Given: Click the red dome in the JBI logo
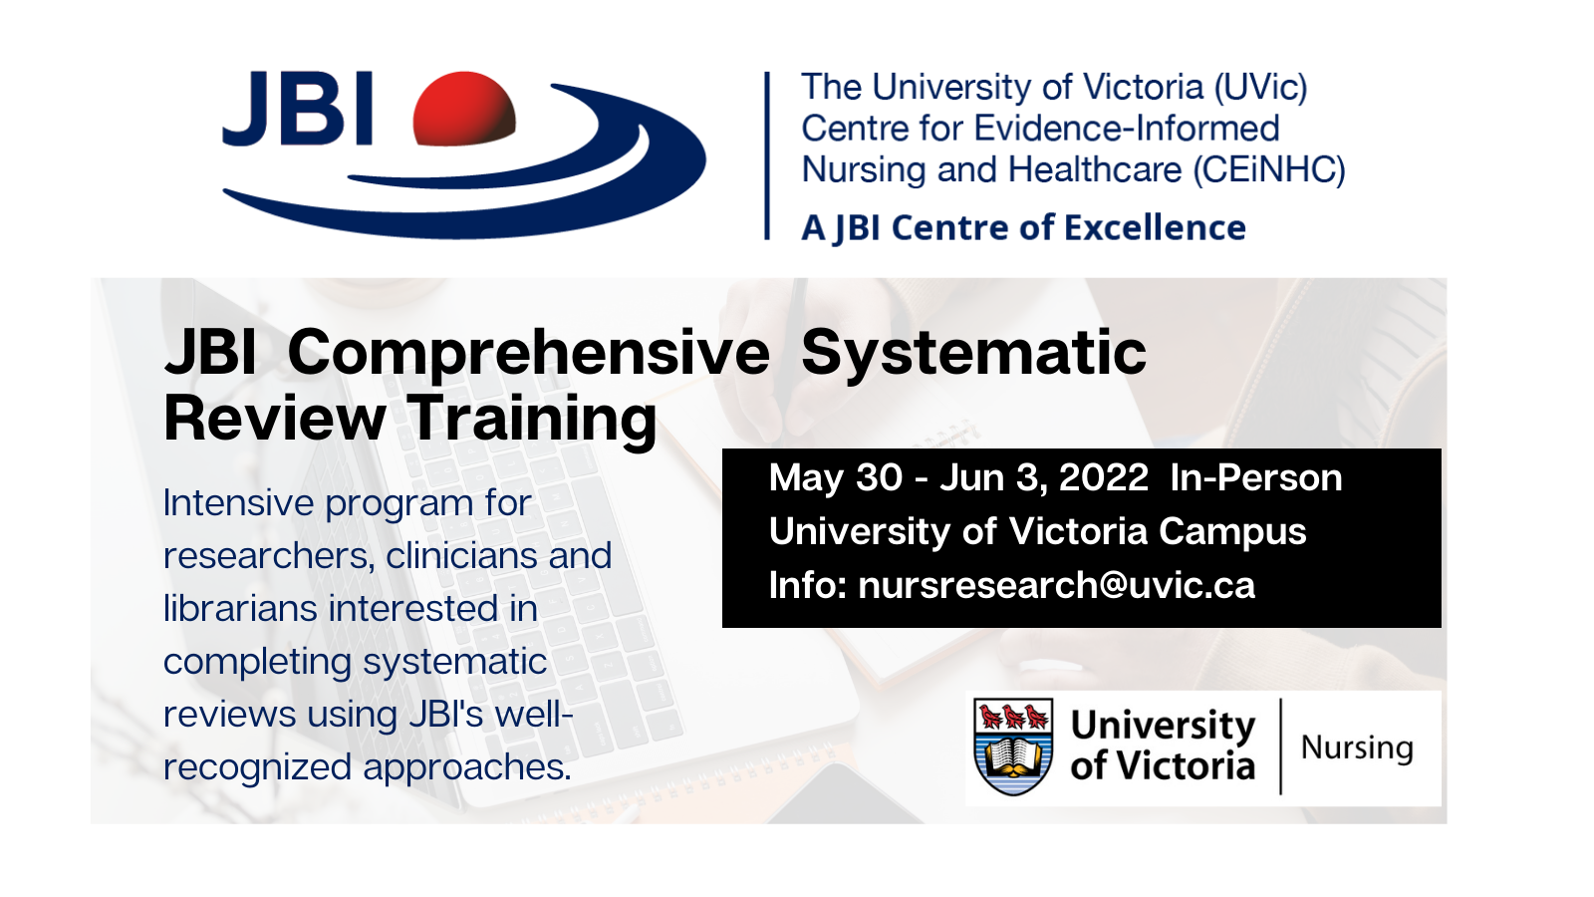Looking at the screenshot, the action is [464, 109].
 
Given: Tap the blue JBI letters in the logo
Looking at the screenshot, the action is [298, 109].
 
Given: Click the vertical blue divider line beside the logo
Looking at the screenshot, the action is [767, 155].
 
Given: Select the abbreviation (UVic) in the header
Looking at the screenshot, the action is [1260, 88].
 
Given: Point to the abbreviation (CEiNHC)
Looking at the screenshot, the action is [1269, 170].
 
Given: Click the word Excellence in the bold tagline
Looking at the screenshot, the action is [1155, 228].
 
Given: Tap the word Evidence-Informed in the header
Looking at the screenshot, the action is [1127, 129].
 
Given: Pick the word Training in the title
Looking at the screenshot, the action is [532, 421].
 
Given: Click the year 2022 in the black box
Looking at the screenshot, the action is [1104, 477].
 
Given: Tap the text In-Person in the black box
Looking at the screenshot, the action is [1256, 477].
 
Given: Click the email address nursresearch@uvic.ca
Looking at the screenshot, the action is [1057, 586].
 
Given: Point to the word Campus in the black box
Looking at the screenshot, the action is [1232, 533].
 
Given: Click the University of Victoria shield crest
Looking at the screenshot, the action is [1013, 747].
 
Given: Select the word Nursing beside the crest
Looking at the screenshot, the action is [1357, 748].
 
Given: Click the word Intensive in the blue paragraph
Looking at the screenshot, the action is [238, 503].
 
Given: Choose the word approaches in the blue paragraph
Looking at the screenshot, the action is [467, 768].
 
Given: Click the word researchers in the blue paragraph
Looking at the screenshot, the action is [269, 556].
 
